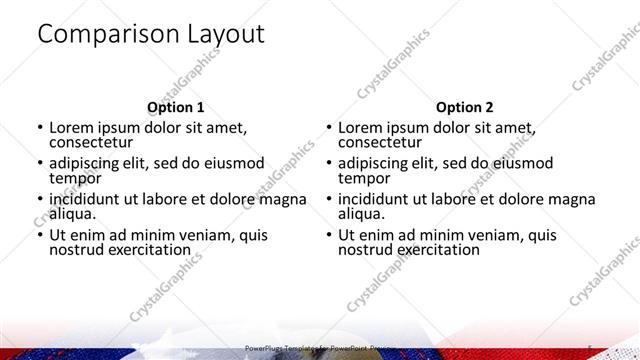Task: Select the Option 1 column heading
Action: click(x=175, y=107)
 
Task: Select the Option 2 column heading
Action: click(x=464, y=107)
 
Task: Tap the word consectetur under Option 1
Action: click(x=91, y=142)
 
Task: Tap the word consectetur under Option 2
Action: click(x=380, y=142)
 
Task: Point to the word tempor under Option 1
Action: click(x=75, y=178)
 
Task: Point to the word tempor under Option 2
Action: click(x=364, y=178)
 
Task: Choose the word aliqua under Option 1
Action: click(x=72, y=214)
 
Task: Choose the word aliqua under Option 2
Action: click(x=361, y=214)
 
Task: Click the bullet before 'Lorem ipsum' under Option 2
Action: click(x=328, y=128)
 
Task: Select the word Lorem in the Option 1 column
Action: click(x=72, y=127)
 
